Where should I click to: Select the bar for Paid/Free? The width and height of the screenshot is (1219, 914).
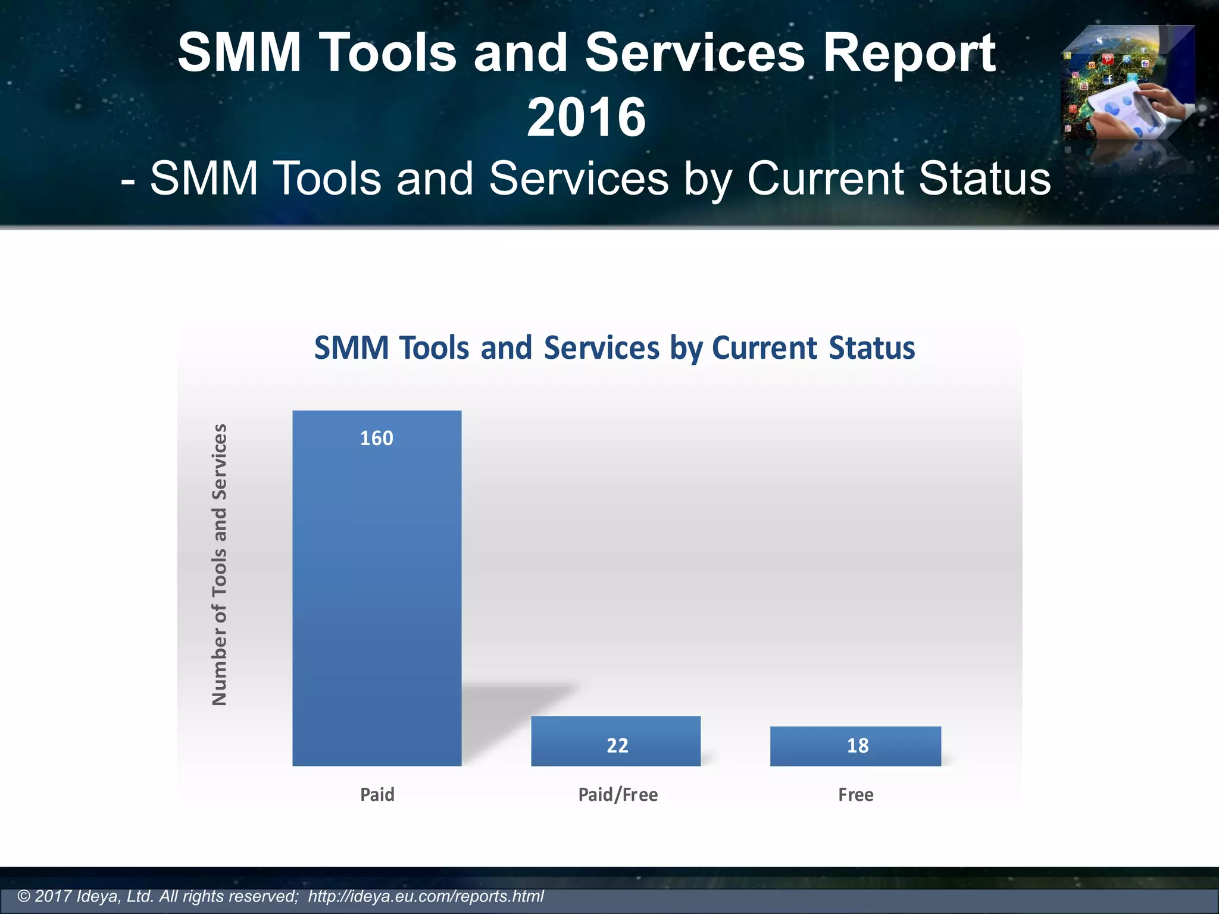pos(615,740)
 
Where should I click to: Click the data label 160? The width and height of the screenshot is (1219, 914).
pos(377,439)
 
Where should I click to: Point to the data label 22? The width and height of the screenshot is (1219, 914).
pos(617,746)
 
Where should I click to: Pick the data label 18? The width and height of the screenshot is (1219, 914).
pos(858,746)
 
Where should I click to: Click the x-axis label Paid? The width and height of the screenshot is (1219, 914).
pos(377,795)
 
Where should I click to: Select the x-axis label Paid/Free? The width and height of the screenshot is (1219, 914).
pos(618,795)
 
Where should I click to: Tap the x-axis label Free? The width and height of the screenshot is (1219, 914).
pos(855,795)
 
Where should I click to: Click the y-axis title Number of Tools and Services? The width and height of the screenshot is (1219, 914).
pos(220,564)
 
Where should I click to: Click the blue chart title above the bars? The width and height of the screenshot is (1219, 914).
pos(614,348)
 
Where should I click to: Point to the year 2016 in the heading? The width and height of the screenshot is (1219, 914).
pos(586,117)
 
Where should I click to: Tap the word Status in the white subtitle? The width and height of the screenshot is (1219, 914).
pos(984,179)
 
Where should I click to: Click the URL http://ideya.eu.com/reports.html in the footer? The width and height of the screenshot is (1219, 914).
pos(426,896)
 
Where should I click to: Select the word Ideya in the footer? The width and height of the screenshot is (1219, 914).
pos(99,896)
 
